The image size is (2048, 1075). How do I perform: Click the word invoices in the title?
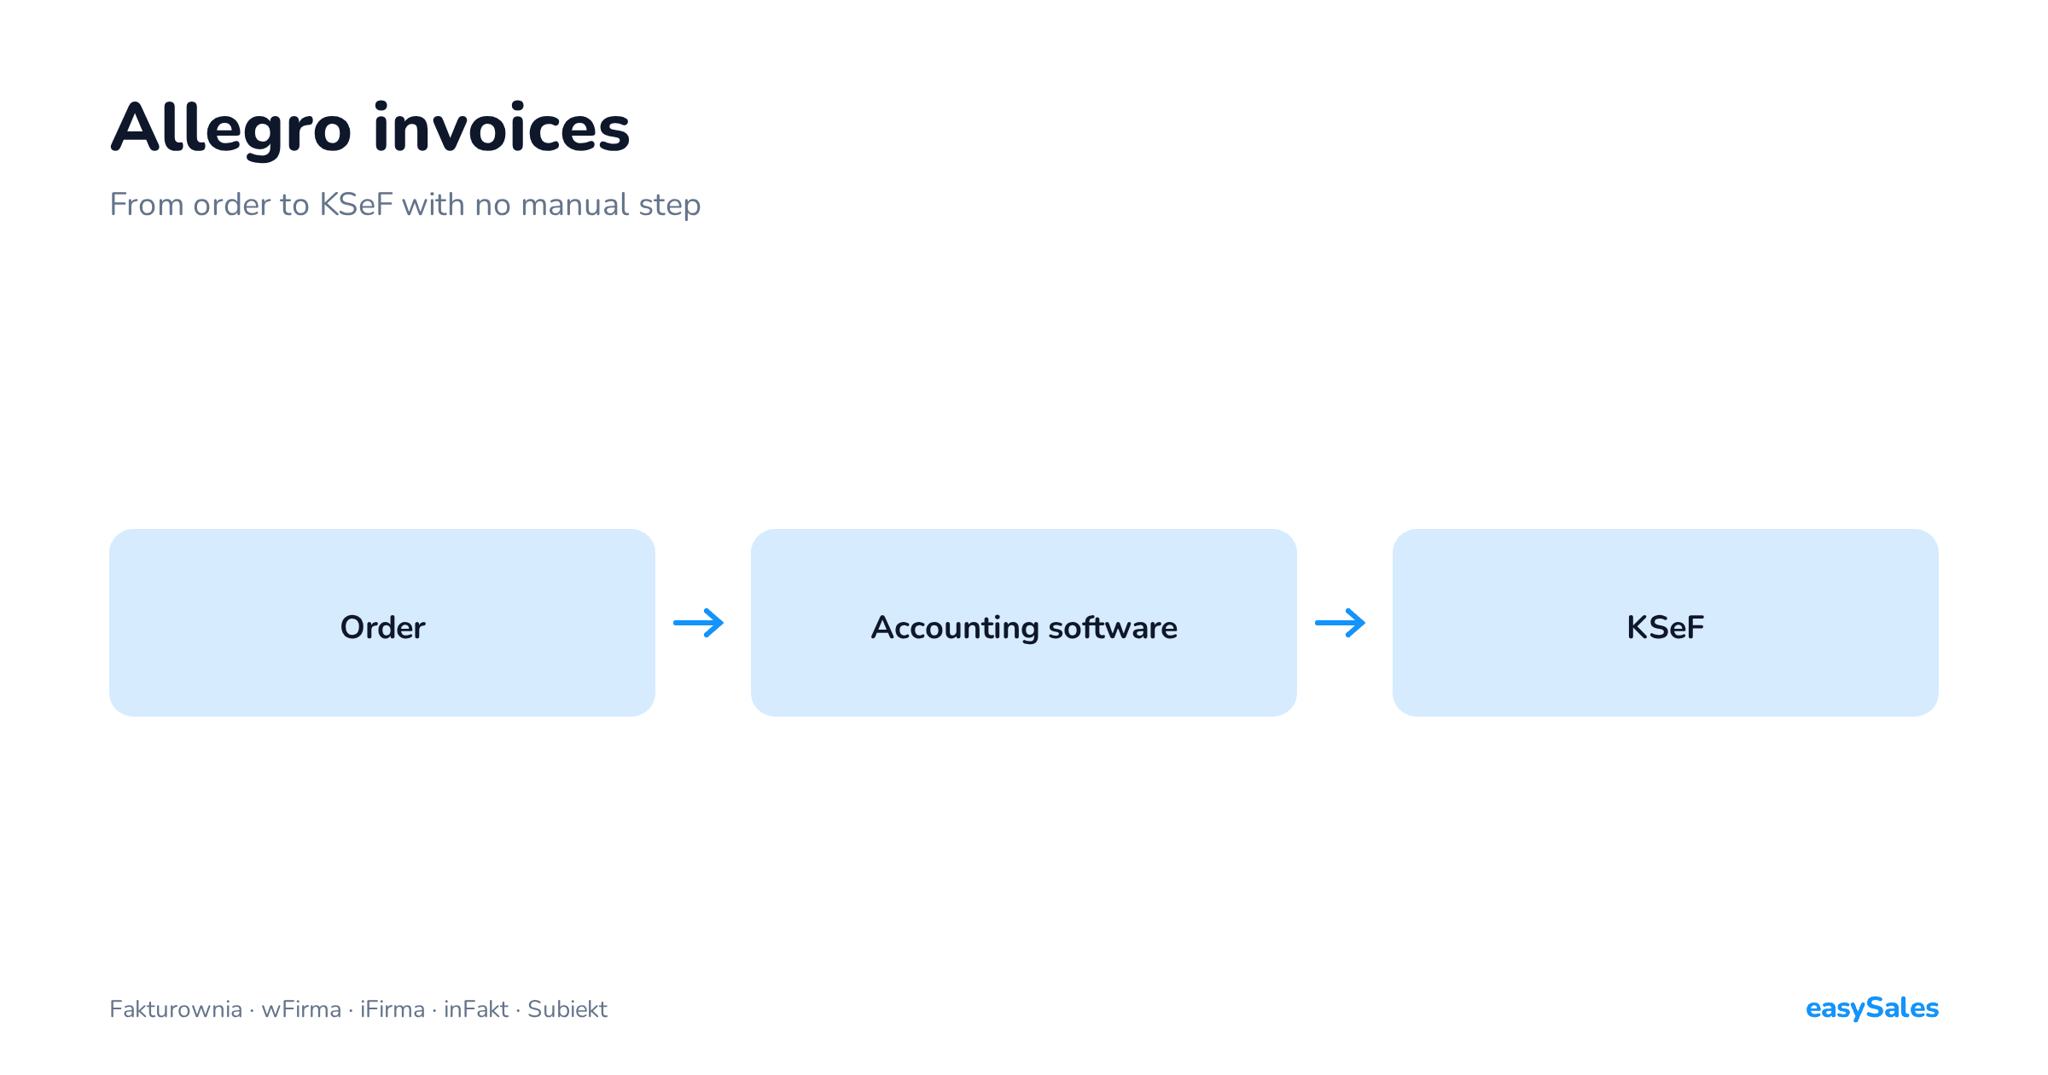(x=502, y=128)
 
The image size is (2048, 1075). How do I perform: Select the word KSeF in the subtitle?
(x=356, y=205)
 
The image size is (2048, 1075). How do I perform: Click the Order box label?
(x=382, y=628)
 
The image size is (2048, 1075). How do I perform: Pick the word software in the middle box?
(x=1113, y=628)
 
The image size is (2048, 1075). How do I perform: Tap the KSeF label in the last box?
(x=1665, y=628)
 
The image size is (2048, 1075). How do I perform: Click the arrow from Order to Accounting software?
(x=699, y=623)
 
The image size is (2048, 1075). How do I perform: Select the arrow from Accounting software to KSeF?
(x=1341, y=623)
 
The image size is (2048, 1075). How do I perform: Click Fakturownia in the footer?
(x=176, y=1009)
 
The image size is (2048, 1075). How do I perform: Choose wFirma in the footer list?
(x=301, y=1009)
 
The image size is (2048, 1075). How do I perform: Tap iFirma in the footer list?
(x=393, y=1009)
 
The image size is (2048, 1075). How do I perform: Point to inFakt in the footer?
(x=476, y=1009)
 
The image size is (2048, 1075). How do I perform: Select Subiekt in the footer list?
(x=567, y=1009)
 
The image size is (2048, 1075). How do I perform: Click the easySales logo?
(x=1872, y=1008)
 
